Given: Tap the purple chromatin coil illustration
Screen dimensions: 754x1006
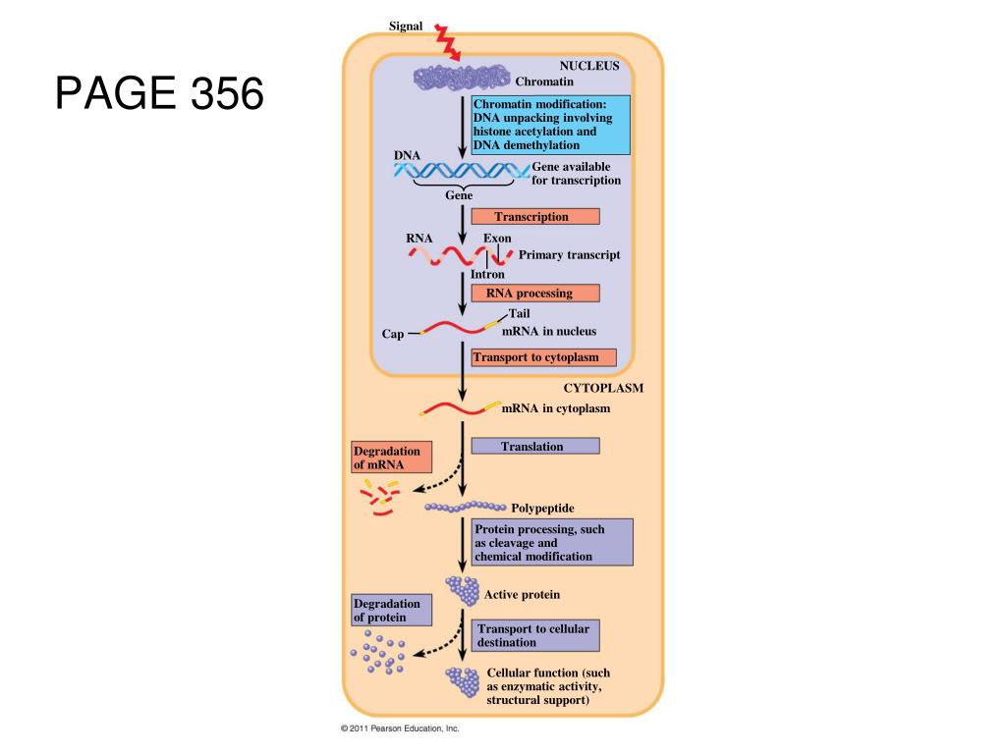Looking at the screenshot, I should point(462,77).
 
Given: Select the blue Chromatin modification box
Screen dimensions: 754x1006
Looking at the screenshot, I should point(550,125).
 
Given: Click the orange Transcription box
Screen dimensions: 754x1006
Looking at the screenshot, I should point(534,217).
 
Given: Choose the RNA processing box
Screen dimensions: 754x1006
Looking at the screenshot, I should point(534,293).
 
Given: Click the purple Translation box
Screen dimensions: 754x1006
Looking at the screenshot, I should point(534,446).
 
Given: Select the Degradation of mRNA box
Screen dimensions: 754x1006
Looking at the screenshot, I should point(391,458).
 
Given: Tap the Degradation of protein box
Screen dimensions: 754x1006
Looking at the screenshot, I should point(391,610).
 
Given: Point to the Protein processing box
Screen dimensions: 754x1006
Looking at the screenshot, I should point(551,542).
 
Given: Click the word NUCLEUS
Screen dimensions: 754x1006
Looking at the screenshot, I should point(589,66).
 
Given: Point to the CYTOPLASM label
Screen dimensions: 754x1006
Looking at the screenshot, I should point(603,388).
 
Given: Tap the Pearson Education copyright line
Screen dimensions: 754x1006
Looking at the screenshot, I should point(400,728).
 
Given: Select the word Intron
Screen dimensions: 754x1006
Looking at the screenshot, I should point(487,275).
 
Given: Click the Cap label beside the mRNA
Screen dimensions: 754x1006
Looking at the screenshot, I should point(393,335).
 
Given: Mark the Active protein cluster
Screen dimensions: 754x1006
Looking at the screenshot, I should point(462,590).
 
